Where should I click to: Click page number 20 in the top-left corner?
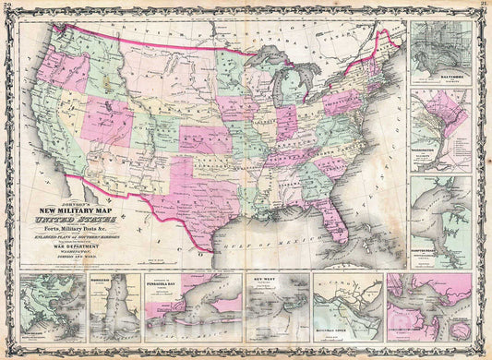(x=7, y=6)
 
